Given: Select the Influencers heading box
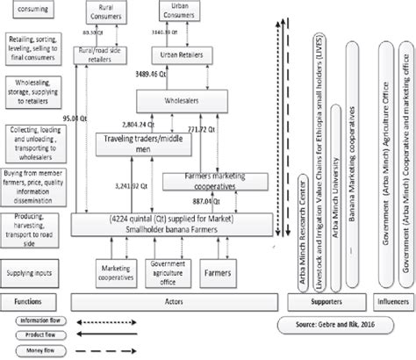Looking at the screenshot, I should pyautogui.click(x=391, y=277).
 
